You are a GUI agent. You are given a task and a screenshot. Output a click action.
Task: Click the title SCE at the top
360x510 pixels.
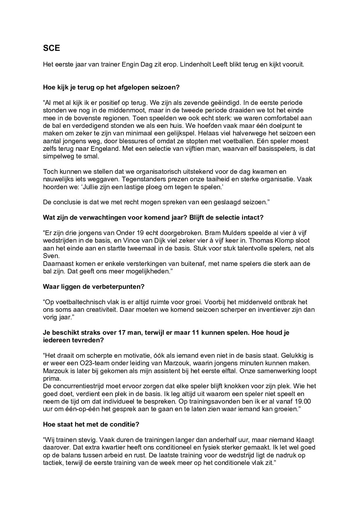[51, 48]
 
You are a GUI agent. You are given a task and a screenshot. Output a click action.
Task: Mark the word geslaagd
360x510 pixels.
[223, 202]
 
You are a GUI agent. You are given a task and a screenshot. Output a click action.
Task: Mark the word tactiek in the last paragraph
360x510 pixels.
[52, 463]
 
